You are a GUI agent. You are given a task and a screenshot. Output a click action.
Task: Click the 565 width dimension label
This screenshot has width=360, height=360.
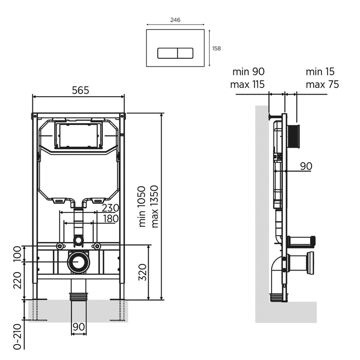tap(80, 90)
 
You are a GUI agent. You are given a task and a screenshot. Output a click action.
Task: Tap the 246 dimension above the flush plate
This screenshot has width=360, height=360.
tap(175, 20)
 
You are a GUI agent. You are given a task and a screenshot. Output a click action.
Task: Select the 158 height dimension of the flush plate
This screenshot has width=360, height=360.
tap(217, 48)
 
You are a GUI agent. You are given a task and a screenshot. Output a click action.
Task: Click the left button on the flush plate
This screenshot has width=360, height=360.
tap(167, 53)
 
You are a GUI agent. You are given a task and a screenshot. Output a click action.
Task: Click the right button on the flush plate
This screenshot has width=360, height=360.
tap(185, 53)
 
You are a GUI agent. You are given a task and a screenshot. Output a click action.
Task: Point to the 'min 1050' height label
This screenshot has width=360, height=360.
tap(142, 206)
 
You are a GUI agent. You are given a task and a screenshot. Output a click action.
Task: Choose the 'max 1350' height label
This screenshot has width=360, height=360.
tap(155, 206)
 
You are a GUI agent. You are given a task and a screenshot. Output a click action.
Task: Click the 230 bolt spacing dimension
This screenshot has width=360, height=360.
tap(111, 208)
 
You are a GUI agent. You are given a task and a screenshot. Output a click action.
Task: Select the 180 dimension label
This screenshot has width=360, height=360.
tap(111, 219)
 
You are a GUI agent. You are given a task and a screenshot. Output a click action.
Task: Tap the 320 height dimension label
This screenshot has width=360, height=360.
tap(142, 272)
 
